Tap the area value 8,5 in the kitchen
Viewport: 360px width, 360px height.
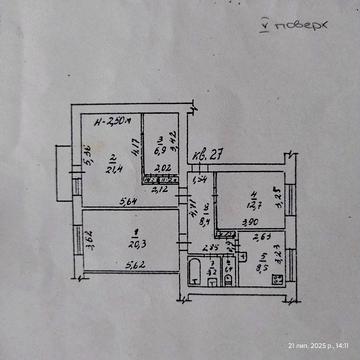tap(263, 267)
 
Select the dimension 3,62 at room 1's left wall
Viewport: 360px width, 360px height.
tap(88, 239)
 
